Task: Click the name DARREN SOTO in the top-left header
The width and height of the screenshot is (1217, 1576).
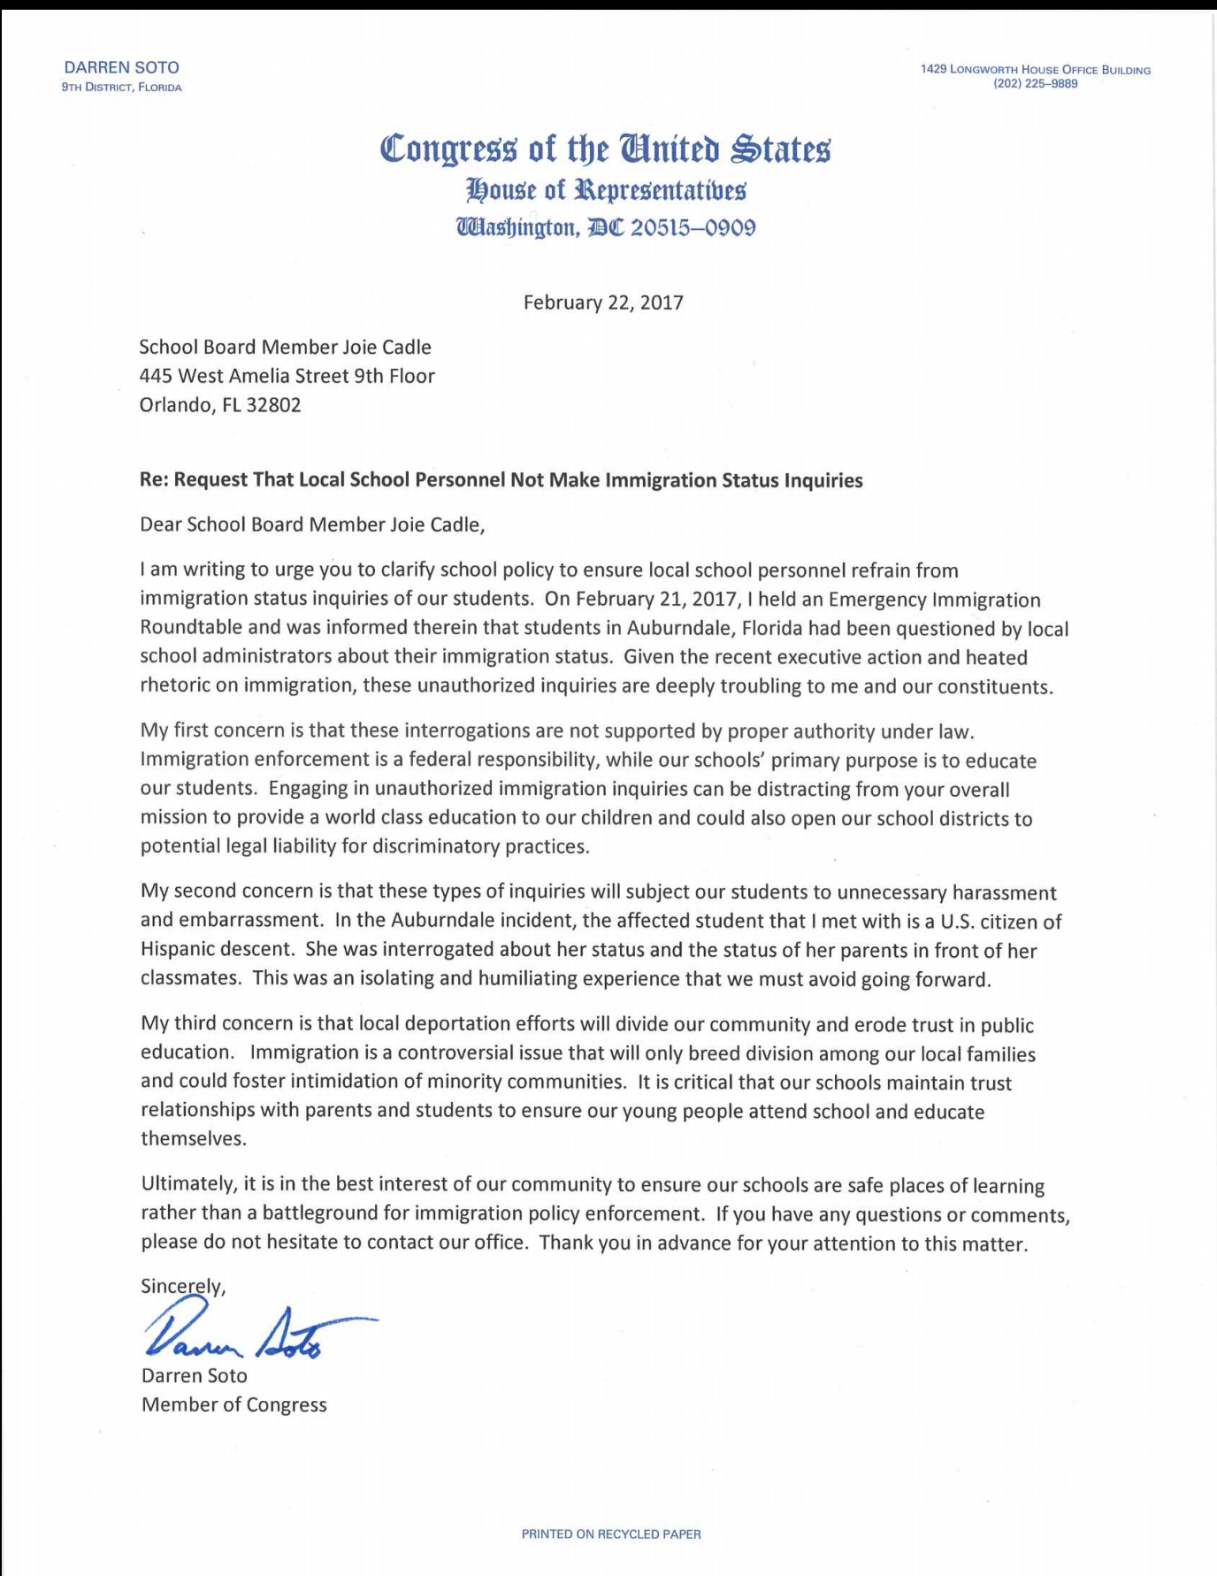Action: [x=121, y=67]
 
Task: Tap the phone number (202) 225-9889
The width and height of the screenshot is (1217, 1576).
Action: [x=1036, y=84]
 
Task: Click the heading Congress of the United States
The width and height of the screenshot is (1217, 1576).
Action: [x=605, y=148]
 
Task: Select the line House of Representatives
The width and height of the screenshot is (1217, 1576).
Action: [x=606, y=189]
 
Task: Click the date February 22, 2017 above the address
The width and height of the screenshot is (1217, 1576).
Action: [x=603, y=302]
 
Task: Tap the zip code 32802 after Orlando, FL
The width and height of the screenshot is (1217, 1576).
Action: [x=273, y=405]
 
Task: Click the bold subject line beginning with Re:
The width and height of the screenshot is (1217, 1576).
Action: [x=501, y=480]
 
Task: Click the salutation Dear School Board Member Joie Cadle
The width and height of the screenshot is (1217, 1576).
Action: [x=312, y=524]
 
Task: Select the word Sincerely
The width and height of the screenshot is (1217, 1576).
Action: [x=182, y=1286]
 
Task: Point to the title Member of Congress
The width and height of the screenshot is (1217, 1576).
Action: [x=233, y=1404]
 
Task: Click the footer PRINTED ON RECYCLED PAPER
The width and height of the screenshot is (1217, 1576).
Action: [x=610, y=1534]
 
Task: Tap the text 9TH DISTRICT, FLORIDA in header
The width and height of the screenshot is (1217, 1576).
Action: [x=121, y=88]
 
